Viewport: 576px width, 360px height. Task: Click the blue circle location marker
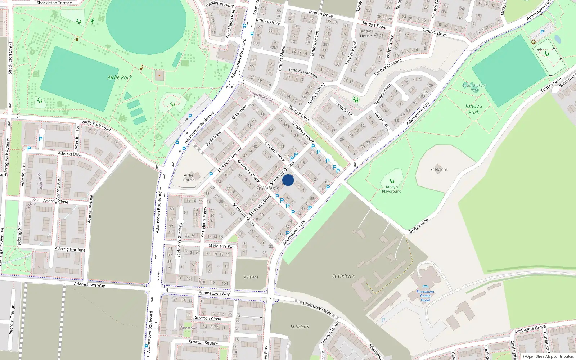(288, 180)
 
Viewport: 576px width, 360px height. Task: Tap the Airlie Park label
(120, 77)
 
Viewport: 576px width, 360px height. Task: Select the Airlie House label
(188, 177)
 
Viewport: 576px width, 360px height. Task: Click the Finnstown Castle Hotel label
(425, 296)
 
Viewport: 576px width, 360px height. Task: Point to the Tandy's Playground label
(391, 189)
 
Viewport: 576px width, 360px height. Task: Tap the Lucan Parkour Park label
(474, 87)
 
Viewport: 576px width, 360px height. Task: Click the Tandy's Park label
(473, 109)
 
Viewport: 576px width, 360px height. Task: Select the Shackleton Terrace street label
(54, 3)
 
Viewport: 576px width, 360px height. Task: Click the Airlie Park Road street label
(96, 126)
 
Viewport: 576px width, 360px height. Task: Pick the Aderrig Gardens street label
(70, 249)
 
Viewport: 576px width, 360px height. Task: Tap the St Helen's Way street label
(222, 246)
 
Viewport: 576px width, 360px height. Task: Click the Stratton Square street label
(203, 342)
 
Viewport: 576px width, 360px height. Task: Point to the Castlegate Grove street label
(530, 329)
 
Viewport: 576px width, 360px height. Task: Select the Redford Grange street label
(12, 320)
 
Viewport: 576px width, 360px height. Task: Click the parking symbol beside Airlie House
(211, 175)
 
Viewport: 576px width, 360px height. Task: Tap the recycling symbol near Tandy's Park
(534, 42)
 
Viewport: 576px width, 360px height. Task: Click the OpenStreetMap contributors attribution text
(550, 356)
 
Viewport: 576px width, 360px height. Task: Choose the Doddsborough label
(262, 96)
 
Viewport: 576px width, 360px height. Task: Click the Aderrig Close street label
(55, 201)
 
